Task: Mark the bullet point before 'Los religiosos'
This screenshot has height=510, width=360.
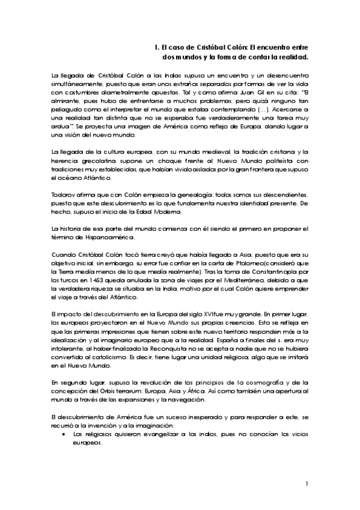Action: click(64, 433)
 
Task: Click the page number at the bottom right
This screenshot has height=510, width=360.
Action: click(307, 484)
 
